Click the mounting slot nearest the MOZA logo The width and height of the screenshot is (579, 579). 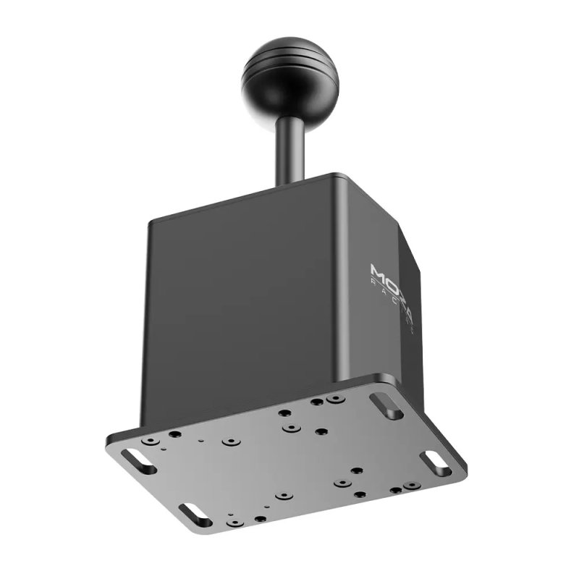(387, 405)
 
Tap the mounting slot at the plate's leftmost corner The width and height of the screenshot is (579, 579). (138, 461)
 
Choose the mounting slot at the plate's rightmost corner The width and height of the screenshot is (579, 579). (436, 463)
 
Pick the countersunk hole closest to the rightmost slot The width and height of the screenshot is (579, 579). (412, 485)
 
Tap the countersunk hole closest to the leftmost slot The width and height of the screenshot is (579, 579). (150, 440)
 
